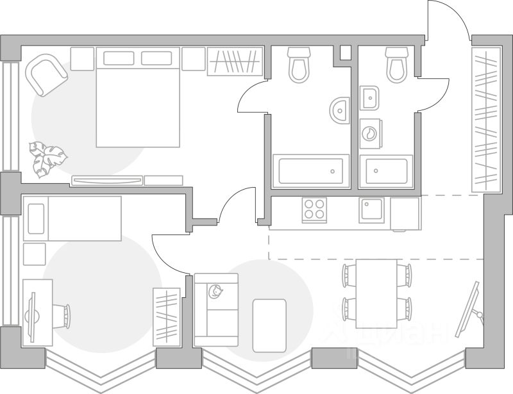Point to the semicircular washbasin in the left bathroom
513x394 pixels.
click(x=341, y=111)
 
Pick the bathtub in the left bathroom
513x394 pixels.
click(x=311, y=171)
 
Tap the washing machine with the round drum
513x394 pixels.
click(x=371, y=133)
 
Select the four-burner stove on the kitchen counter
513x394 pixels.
click(x=314, y=210)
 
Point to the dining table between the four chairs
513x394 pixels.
click(x=376, y=292)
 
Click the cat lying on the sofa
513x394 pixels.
click(x=216, y=292)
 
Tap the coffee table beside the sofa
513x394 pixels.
click(x=269, y=325)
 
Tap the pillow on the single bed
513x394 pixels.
click(x=36, y=218)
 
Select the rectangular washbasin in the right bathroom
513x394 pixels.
click(x=370, y=98)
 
